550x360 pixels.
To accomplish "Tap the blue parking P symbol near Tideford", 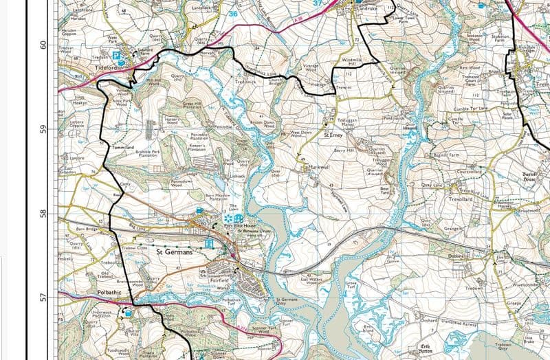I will pos(116,54).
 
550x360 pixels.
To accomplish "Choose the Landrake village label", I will pos(365,8).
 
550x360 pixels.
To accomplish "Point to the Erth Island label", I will pos(369,330).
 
